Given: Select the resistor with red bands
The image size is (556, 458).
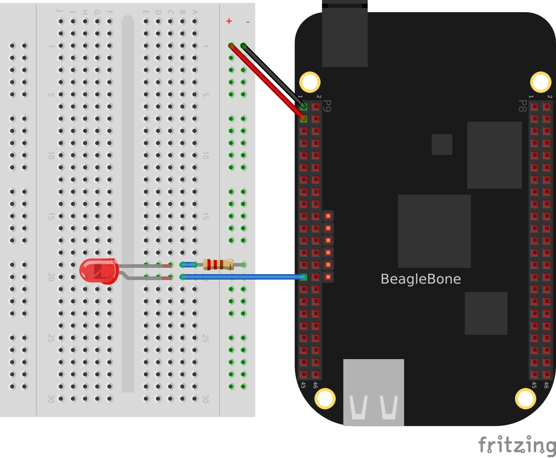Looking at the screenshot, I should pos(218,264).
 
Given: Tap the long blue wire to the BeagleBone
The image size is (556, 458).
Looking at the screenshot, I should pos(244,277).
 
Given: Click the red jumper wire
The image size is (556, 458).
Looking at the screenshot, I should pos(266,81).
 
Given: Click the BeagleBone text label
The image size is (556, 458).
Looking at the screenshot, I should pos(420,279).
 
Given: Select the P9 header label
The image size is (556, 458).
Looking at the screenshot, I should pos(328,106).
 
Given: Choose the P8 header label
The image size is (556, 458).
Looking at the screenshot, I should pos(522,106).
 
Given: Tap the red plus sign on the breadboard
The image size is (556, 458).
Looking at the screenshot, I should pos(229,21).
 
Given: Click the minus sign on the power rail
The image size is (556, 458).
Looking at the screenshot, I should pos(248,22).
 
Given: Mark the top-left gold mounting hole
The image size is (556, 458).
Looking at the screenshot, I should pos(310,82).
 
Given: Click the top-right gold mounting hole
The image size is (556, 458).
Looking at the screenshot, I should pos(540,82).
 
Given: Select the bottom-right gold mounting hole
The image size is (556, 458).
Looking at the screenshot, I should pos(525,398).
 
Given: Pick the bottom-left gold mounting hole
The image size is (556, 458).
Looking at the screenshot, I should pos(325,398).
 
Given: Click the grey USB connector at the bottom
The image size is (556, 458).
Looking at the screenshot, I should pos(373,392).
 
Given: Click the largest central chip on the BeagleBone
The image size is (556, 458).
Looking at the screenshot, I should pos(434,231).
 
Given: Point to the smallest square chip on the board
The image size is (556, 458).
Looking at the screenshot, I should pos(442,145).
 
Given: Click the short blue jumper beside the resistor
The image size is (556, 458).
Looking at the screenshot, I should pos(188,265).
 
